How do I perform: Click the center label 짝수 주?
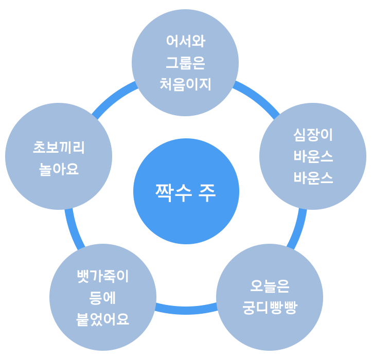[185, 192]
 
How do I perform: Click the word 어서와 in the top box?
[185, 41]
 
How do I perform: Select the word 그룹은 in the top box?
[185, 62]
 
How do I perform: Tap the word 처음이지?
[185, 84]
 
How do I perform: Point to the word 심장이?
[313, 135]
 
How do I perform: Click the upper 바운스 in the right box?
[313, 156]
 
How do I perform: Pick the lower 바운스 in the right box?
[313, 178]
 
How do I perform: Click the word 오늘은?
[270, 286]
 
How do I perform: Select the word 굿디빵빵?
[270, 308]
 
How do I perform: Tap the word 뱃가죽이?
[102, 276]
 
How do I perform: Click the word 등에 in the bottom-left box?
[102, 298]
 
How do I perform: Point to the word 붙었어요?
[102, 319]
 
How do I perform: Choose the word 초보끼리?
[59, 148]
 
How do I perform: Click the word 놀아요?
[59, 169]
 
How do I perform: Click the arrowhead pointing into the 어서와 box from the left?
[133, 86]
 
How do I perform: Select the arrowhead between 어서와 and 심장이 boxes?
[237, 86]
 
